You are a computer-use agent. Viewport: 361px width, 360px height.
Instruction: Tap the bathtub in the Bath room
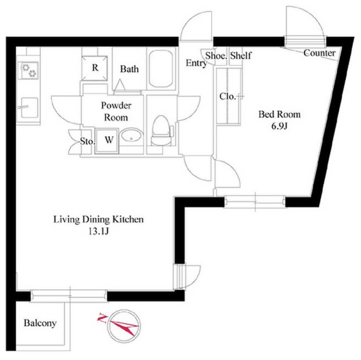(161, 69)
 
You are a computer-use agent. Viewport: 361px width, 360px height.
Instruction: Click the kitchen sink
(29, 107)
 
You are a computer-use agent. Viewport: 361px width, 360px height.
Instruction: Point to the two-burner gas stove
(28, 70)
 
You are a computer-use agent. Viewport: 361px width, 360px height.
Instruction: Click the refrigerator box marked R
(94, 68)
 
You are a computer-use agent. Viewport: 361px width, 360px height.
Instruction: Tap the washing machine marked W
(107, 141)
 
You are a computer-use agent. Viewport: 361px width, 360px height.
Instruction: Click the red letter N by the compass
(102, 318)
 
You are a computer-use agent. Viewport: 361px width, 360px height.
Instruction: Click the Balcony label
(40, 323)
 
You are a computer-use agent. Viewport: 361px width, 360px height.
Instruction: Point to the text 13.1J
(99, 231)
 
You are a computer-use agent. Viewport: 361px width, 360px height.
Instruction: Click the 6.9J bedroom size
(279, 126)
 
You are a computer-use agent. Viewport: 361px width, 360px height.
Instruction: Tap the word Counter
(320, 53)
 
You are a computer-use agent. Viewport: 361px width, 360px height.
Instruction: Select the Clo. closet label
(228, 96)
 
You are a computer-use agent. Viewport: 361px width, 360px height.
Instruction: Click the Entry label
(196, 63)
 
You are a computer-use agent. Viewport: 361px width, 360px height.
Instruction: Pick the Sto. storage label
(87, 141)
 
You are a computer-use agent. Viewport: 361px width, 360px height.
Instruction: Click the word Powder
(116, 105)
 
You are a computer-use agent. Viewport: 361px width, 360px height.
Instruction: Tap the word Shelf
(241, 56)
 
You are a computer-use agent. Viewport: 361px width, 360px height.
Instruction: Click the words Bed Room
(279, 114)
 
